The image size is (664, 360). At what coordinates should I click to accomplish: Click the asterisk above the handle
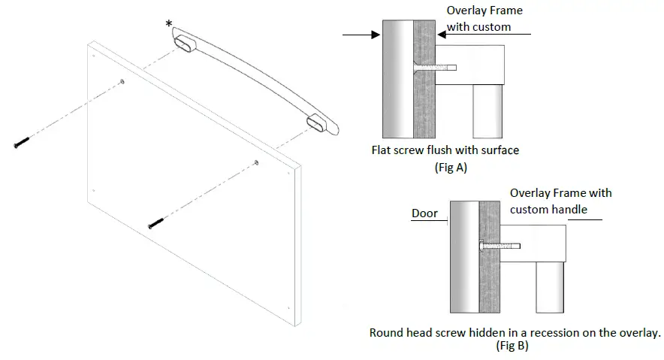click(x=170, y=24)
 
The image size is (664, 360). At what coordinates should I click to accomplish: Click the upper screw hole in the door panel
click(x=122, y=81)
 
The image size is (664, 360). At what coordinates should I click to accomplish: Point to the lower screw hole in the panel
click(x=257, y=162)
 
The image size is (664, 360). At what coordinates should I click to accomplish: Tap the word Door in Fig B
click(x=424, y=213)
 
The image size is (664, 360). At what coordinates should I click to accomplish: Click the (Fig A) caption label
click(x=451, y=168)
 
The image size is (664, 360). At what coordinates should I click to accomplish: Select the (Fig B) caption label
click(x=512, y=346)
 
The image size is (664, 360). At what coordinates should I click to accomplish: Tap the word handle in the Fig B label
click(x=569, y=209)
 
